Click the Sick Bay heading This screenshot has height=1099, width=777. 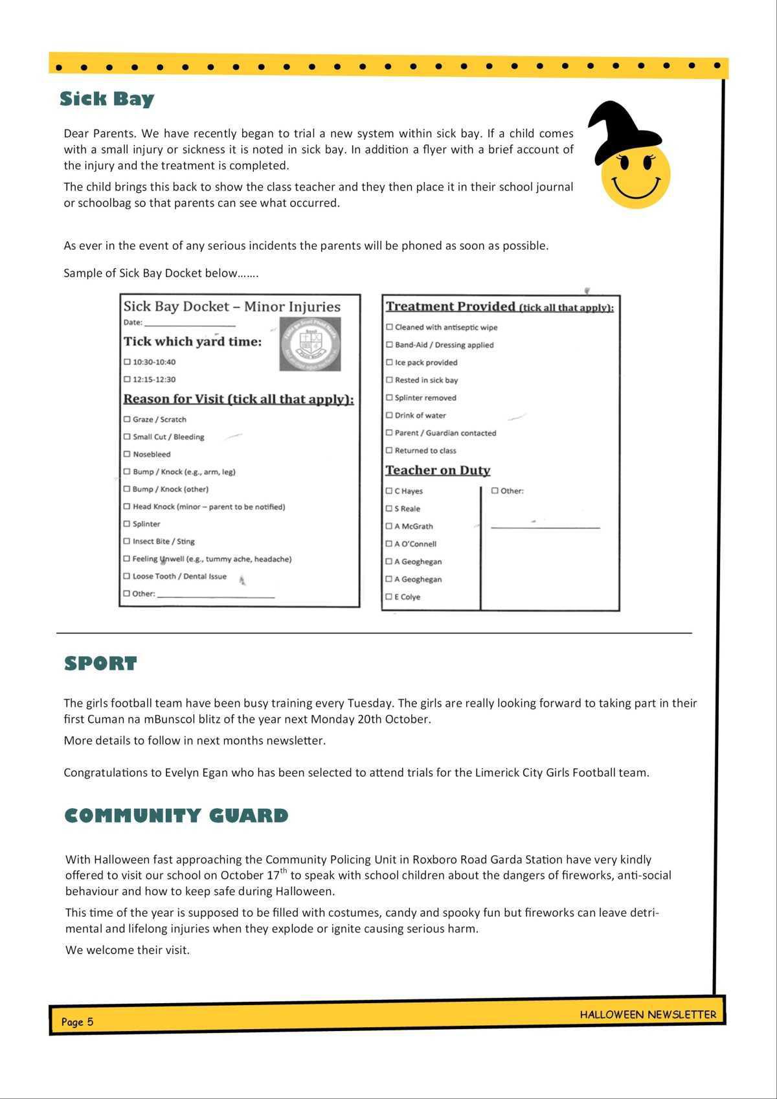pos(107,99)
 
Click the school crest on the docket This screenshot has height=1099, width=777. pos(310,344)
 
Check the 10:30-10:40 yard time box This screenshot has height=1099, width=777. pos(127,362)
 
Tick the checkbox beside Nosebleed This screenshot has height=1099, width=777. pos(127,454)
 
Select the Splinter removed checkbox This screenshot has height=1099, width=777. pos(389,398)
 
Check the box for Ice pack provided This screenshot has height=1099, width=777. pos(389,363)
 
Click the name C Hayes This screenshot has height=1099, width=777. pos(409,491)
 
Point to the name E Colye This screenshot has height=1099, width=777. pos(407,597)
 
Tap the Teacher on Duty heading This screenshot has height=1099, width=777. pos(438,470)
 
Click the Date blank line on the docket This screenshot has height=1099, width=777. pos(190,323)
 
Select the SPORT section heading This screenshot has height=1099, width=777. pos(100,664)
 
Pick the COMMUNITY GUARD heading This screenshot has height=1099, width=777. pos(176,815)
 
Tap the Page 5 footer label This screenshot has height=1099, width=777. pos(77,1022)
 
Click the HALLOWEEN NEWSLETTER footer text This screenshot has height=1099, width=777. pos(647,1015)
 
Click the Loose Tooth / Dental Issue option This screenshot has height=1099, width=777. pos(179,576)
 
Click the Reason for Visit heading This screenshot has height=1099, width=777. pos(238,399)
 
